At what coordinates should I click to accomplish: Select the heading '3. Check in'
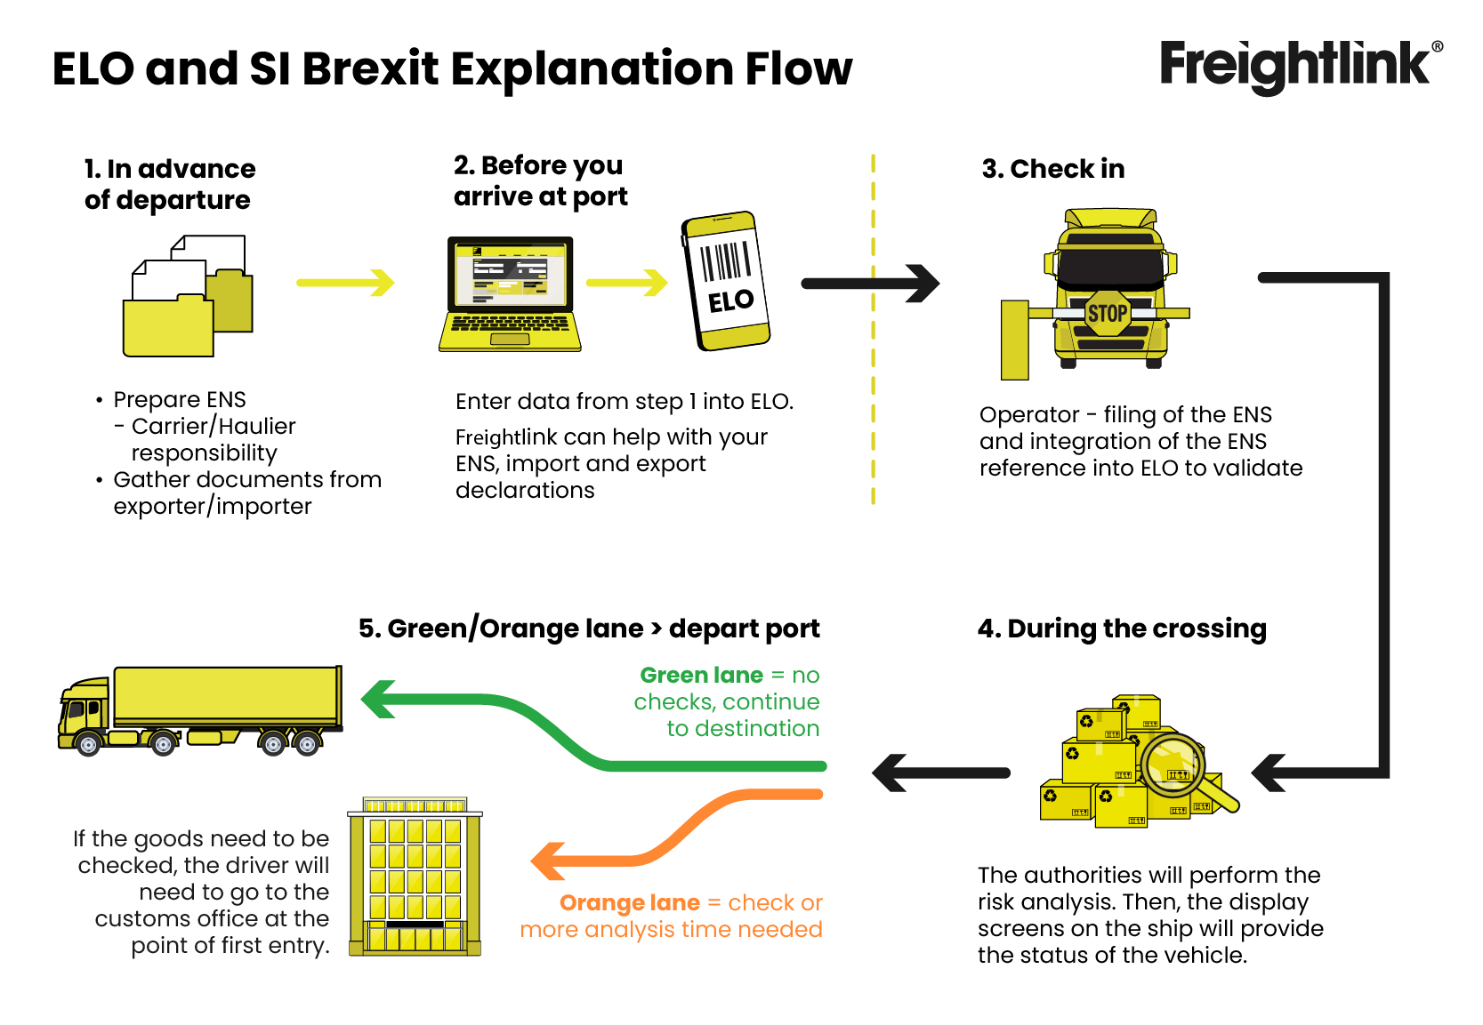pos(1052,169)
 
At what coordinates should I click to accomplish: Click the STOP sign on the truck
pos(1107,313)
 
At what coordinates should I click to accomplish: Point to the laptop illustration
pos(510,293)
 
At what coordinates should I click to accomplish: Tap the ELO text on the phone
pos(730,301)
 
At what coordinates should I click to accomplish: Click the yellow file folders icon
pos(188,297)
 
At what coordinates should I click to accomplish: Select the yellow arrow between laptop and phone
pos(626,283)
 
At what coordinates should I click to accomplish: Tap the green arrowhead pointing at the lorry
pos(379,700)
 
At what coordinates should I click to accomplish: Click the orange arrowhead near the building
pos(549,861)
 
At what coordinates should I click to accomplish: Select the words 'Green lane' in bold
pos(701,676)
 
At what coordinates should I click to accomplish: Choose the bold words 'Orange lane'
pos(629,903)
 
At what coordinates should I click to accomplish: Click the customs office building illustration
pos(415,877)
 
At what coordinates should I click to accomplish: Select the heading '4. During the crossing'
pos(1121,629)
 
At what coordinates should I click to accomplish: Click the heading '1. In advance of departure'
pos(169,184)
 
